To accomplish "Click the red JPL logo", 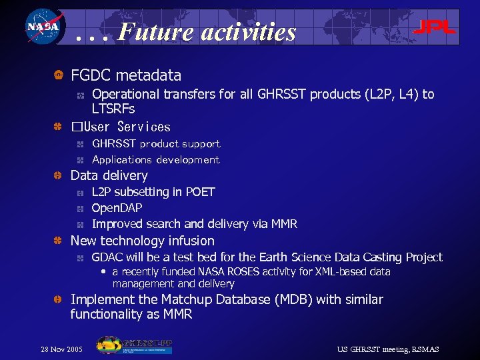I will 434,27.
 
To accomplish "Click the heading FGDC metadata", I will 126,76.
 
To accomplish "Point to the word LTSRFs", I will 113,109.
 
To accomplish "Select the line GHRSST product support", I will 156,144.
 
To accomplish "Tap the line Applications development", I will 155,160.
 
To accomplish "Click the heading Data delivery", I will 109,176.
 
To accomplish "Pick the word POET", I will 200,192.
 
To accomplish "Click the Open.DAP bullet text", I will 117,208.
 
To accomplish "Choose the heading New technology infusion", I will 143,241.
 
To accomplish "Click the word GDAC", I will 107,257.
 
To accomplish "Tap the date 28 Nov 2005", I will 62,349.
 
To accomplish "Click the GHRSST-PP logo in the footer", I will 135,345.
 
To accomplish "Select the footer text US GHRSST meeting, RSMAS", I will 388,349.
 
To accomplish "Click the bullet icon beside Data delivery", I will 58,176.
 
